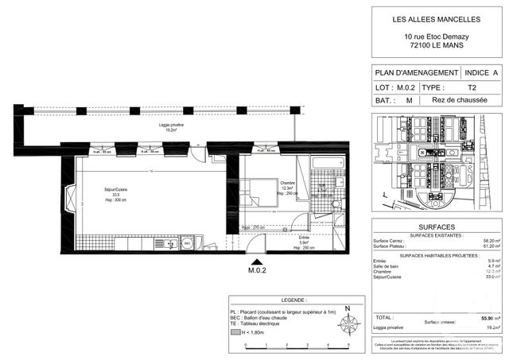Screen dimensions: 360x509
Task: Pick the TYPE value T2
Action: pyautogui.click(x=471, y=87)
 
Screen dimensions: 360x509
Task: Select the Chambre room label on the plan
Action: pyautogui.click(x=286, y=184)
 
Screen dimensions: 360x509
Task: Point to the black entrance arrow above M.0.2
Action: pyautogui.click(x=256, y=262)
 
